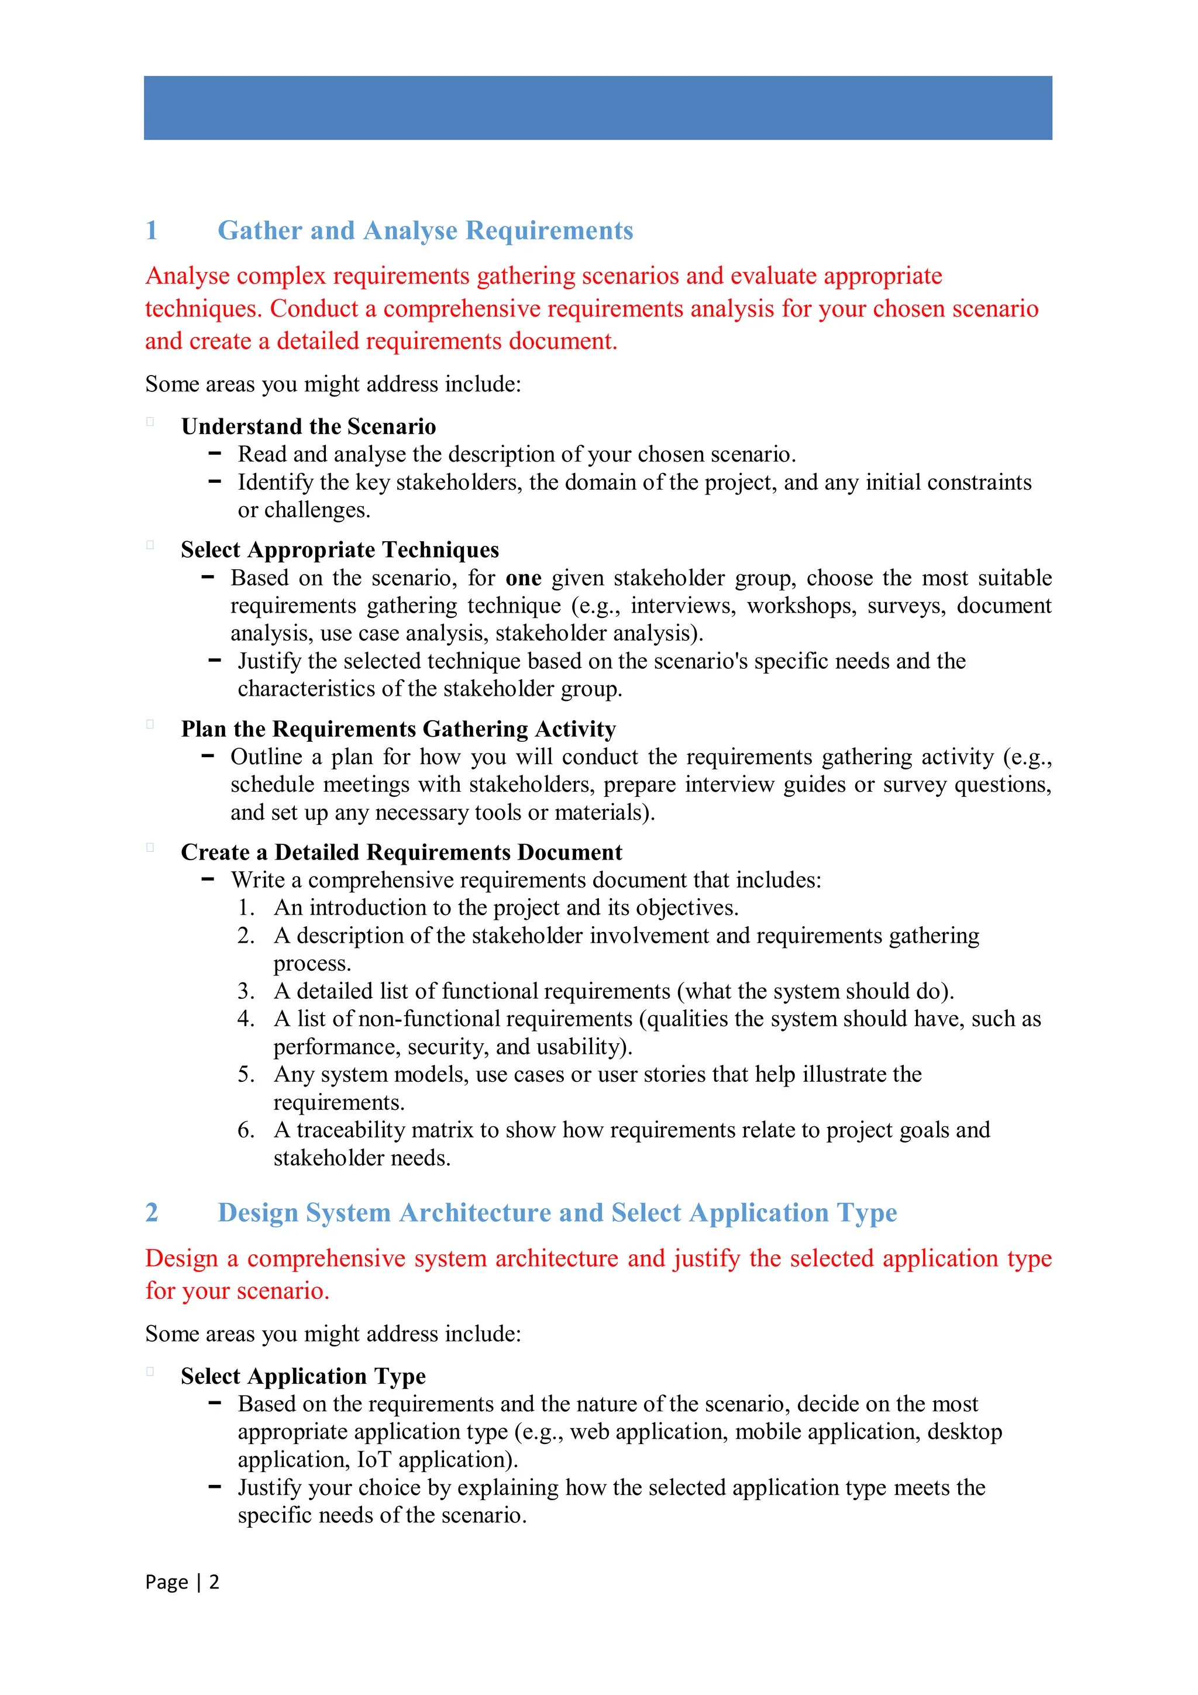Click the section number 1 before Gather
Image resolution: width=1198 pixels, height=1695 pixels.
pyautogui.click(x=152, y=231)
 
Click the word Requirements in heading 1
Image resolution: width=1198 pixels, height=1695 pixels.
pyautogui.click(x=549, y=231)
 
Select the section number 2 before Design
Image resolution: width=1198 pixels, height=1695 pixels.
pyautogui.click(x=152, y=1212)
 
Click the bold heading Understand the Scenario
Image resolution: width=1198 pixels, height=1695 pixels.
pyautogui.click(x=308, y=427)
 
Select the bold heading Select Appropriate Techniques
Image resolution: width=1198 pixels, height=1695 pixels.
pyautogui.click(x=339, y=550)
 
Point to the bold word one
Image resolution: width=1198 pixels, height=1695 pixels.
pyautogui.click(x=524, y=578)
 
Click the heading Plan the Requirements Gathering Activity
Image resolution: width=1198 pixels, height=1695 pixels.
pyautogui.click(x=398, y=730)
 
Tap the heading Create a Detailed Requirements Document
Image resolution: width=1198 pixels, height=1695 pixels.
pyautogui.click(x=401, y=852)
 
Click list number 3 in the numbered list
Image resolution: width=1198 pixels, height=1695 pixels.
pyautogui.click(x=246, y=992)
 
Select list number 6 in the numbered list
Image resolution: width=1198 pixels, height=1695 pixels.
pyautogui.click(x=246, y=1130)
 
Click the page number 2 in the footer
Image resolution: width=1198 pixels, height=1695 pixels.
pyautogui.click(x=214, y=1582)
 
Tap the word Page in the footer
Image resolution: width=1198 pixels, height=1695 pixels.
pyautogui.click(x=166, y=1582)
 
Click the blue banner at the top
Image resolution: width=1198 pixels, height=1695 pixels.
pyautogui.click(x=598, y=108)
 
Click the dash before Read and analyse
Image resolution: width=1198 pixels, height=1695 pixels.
pyautogui.click(x=215, y=453)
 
